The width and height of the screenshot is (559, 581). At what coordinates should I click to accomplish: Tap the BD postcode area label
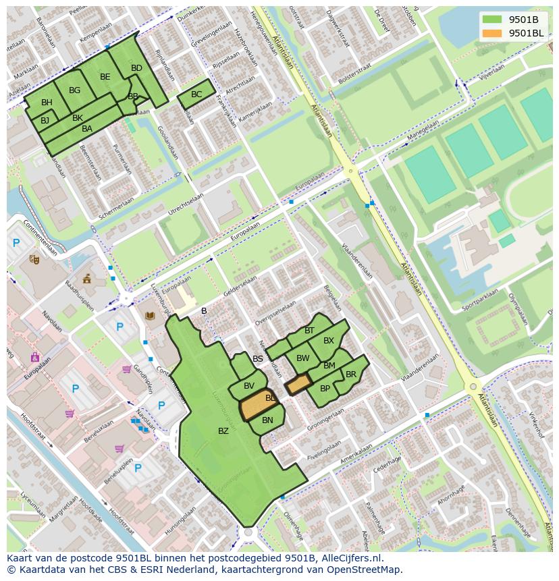pos(136,68)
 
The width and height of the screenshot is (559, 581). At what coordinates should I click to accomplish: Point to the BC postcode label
pos(196,94)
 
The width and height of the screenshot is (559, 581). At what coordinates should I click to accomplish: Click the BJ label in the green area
pos(45,121)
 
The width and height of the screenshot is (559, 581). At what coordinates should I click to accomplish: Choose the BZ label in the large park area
pos(223,431)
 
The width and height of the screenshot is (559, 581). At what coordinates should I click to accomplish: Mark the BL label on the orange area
pos(270,398)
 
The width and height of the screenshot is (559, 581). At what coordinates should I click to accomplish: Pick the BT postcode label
pos(309,331)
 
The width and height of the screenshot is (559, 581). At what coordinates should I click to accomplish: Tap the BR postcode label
pos(351,375)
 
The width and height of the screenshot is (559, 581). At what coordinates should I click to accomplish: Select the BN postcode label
pos(267,420)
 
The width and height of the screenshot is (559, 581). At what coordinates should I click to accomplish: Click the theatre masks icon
pos(34,259)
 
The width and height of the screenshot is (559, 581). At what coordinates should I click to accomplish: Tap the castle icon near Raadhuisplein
pos(86,279)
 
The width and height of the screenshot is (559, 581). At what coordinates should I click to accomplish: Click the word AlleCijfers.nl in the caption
pos(350,558)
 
